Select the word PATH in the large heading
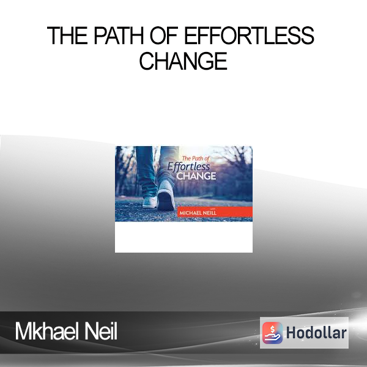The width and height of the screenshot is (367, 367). pyautogui.click(x=119, y=35)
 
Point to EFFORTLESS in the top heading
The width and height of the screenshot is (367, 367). pyautogui.click(x=249, y=35)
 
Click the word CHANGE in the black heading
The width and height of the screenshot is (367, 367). pyautogui.click(x=183, y=61)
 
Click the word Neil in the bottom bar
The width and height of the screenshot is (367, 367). pyautogui.click(x=101, y=331)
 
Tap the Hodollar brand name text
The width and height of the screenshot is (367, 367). pyautogui.click(x=316, y=333)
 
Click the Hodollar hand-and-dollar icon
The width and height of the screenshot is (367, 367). pyautogui.click(x=272, y=333)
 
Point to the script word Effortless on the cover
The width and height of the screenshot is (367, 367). pyautogui.click(x=188, y=166)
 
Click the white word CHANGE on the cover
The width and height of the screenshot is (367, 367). pyautogui.click(x=196, y=176)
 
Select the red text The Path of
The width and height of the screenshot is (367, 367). pyautogui.click(x=196, y=158)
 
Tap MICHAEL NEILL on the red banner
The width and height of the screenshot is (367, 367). pyautogui.click(x=198, y=213)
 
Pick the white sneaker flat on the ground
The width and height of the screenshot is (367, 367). pyautogui.click(x=150, y=202)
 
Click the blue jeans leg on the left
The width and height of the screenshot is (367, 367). pyautogui.click(x=146, y=171)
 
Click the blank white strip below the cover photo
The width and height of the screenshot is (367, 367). pyautogui.click(x=183, y=237)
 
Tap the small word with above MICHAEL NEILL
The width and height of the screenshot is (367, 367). pyautogui.click(x=213, y=209)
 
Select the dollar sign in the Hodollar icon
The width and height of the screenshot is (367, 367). pyautogui.click(x=272, y=329)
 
